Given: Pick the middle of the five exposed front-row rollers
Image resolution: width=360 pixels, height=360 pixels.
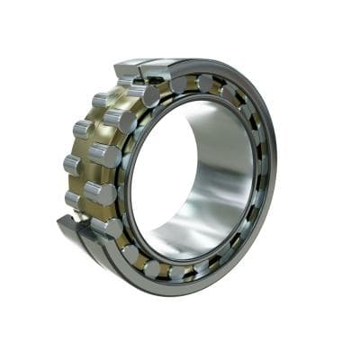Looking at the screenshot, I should (x=106, y=155).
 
